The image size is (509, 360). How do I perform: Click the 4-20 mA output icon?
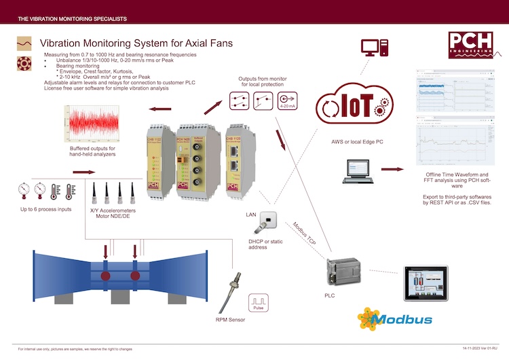(288, 101)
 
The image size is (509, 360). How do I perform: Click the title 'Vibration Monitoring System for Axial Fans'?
(136, 43)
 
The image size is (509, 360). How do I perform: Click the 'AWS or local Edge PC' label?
(345, 141)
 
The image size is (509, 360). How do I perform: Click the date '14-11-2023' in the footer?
(464, 348)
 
